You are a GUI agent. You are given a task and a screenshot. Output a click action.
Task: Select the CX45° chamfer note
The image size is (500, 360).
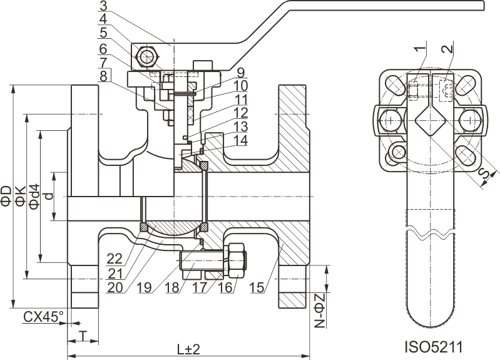point(43,317)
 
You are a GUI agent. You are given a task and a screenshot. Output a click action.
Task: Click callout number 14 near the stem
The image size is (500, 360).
point(240,141)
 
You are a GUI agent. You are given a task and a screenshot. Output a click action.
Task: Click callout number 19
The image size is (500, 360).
point(145,288)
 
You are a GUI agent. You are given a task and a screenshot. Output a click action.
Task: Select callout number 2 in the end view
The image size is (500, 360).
point(445,49)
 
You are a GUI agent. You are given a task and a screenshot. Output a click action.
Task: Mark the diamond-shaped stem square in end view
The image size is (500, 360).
point(431,120)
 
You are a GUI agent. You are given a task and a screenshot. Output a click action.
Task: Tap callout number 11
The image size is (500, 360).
point(241,99)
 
